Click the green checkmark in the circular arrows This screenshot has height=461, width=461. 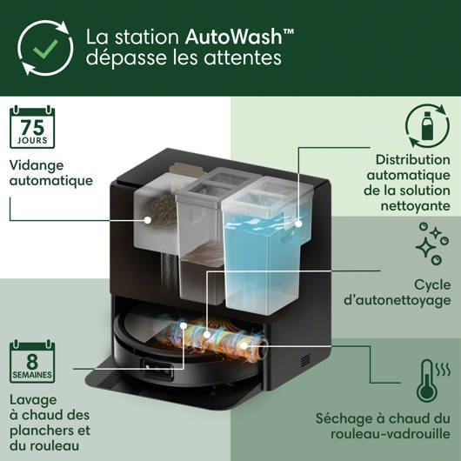(x=45, y=49)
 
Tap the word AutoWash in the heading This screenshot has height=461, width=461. (x=234, y=37)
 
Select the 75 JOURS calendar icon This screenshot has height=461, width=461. (x=32, y=127)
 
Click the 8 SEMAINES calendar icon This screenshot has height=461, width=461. (x=32, y=361)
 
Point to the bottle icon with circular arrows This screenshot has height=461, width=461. (x=427, y=125)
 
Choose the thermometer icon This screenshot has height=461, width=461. (x=433, y=381)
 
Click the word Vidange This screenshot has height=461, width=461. (x=37, y=165)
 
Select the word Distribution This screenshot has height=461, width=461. (x=413, y=160)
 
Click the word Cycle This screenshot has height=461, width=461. (x=432, y=285)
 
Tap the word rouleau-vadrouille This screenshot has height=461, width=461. (x=391, y=434)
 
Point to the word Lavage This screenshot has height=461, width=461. (x=33, y=400)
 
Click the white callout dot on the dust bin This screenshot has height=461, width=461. (x=148, y=219)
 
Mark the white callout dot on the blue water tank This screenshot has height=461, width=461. (x=298, y=224)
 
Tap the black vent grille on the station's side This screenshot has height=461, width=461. (x=306, y=360)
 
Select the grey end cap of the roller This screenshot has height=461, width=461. (x=262, y=349)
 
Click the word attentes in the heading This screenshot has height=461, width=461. (x=243, y=57)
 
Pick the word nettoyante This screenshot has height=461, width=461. (x=416, y=206)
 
